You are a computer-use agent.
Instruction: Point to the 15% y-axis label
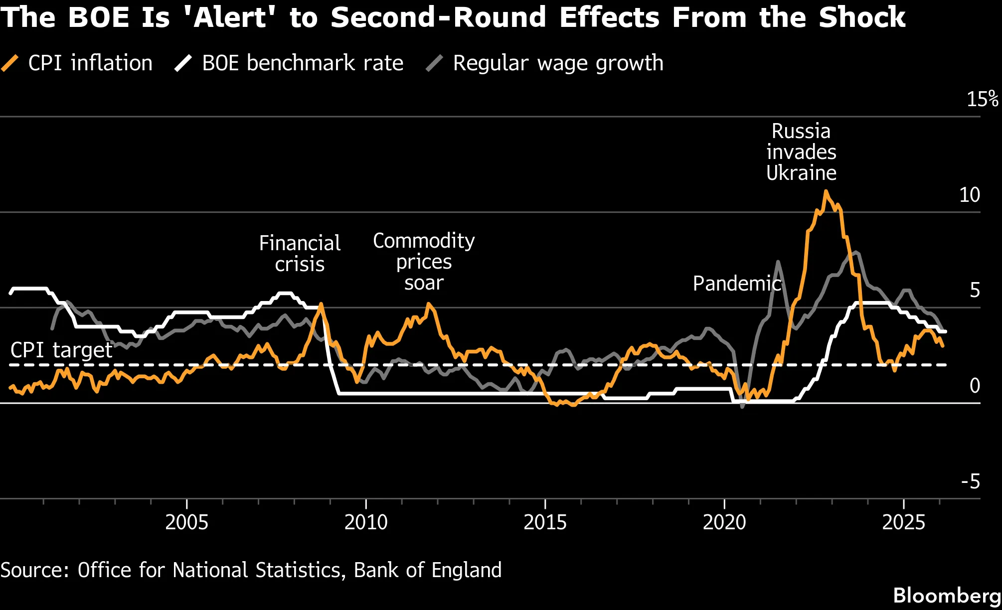(x=982, y=99)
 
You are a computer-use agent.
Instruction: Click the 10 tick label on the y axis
(x=969, y=195)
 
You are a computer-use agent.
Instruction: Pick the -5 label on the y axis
(x=970, y=481)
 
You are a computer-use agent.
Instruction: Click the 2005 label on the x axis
(x=186, y=522)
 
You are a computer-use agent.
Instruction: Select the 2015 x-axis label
(x=545, y=522)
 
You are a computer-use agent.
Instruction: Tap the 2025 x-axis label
(x=903, y=522)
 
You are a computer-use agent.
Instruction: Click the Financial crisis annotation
(x=300, y=254)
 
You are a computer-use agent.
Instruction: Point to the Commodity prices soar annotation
(x=424, y=262)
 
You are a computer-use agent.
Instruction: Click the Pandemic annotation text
(x=737, y=284)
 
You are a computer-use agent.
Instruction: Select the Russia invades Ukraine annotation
(x=801, y=152)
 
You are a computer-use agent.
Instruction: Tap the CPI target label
(x=61, y=350)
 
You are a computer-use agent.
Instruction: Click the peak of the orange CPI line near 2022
(x=826, y=191)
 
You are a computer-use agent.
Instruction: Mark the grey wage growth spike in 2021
(x=778, y=262)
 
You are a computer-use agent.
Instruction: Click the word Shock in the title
(x=862, y=17)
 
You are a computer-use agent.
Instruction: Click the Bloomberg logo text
(x=947, y=596)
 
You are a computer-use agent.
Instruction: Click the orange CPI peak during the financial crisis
(x=321, y=304)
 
